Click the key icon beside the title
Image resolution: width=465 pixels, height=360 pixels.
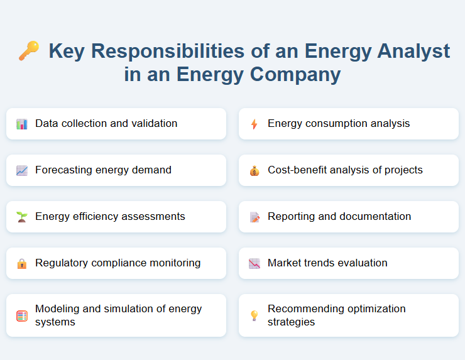pos(28,51)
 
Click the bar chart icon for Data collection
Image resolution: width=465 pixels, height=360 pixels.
pos(22,124)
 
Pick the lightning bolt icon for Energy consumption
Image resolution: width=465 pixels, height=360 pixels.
pos(254,124)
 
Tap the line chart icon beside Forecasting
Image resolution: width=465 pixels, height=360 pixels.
pos(22,170)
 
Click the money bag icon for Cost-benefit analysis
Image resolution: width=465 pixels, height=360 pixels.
pos(254,170)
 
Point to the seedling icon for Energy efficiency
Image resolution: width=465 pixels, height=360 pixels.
pos(22,217)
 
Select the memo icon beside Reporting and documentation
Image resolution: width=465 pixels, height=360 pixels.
pos(254,217)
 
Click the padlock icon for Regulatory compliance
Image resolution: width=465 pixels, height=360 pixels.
pos(22,263)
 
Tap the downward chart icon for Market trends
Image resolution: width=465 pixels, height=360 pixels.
pos(254,263)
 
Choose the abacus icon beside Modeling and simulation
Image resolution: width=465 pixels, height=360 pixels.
pos(22,315)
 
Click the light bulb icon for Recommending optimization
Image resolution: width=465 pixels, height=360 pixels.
pos(254,315)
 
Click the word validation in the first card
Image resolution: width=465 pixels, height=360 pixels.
pos(154,123)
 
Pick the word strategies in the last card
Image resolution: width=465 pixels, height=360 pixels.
pos(291,322)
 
